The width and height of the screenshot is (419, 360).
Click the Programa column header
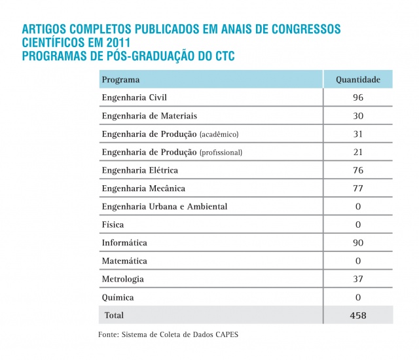(121, 80)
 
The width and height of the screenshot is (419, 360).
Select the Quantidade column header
(357, 80)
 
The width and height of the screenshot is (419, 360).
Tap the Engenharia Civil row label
(135, 98)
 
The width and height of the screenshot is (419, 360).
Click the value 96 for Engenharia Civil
(357, 98)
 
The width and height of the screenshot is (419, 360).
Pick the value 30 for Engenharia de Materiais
(357, 116)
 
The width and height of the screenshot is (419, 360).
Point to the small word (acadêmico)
(219, 134)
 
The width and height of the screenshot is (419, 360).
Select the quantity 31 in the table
(357, 134)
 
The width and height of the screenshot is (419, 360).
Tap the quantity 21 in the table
(357, 153)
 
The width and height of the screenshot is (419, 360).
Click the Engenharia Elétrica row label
(140, 170)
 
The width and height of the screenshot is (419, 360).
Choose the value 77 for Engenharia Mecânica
(357, 189)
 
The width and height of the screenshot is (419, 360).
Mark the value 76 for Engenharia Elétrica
(357, 170)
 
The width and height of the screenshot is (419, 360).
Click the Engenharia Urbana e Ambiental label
(164, 207)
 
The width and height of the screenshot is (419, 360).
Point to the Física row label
(113, 225)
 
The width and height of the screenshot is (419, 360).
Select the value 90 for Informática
(357, 243)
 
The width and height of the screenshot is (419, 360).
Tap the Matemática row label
(124, 261)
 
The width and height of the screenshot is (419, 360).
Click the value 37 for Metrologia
(357, 279)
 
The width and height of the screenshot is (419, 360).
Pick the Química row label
(118, 297)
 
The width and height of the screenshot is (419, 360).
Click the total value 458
(357, 315)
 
